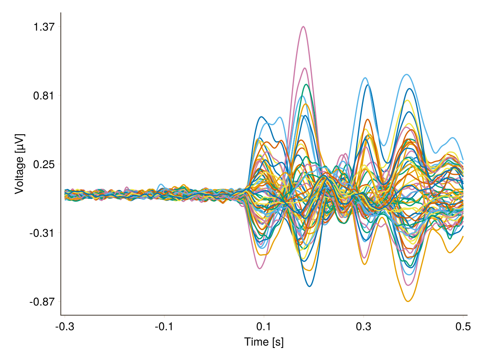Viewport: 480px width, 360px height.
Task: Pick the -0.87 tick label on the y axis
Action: (42, 302)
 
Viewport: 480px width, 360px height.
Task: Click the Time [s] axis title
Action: (264, 342)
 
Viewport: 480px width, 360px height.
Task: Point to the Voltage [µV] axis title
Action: (19, 164)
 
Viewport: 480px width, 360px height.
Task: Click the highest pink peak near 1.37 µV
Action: (304, 27)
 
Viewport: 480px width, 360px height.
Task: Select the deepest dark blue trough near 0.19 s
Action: (309, 286)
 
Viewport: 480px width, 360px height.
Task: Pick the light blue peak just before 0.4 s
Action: (406, 74)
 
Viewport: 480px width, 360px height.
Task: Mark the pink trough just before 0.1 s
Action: (260, 268)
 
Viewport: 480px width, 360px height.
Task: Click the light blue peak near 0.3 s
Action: (365, 78)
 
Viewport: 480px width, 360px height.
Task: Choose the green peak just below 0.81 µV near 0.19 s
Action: (306, 84)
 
